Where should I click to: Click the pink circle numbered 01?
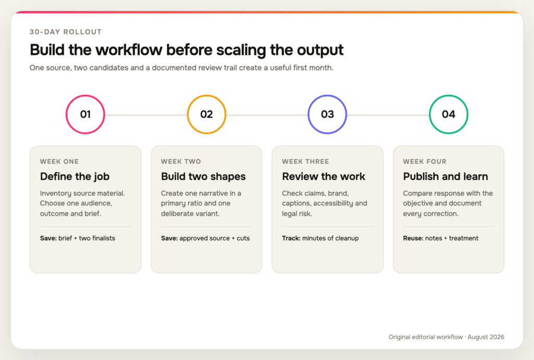click(85, 95)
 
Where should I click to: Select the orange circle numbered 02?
click(207, 95)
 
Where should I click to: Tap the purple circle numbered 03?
click(327, 95)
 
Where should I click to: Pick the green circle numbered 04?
click(448, 95)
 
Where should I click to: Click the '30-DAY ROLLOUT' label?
click(65, 32)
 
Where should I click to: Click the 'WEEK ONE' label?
click(59, 161)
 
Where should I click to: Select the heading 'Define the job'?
click(75, 176)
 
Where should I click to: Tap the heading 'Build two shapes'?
click(203, 176)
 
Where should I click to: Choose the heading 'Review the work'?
click(323, 176)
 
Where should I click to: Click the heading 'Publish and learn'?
click(445, 176)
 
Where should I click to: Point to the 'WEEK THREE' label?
click(306, 161)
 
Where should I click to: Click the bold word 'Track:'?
click(291, 238)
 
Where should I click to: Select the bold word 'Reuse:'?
click(413, 238)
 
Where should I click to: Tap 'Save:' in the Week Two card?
click(169, 238)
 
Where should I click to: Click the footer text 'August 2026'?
click(486, 337)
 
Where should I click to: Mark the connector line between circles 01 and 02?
click(146, 115)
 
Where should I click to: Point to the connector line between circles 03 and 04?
click(388, 115)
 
